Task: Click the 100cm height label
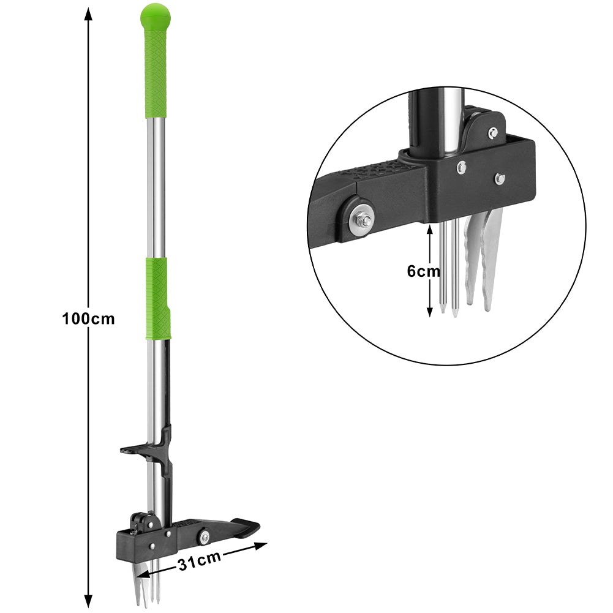[88, 319]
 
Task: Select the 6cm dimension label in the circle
[423, 271]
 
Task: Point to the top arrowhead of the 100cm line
[89, 14]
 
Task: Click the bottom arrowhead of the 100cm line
[89, 600]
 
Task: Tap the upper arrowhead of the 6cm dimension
[430, 230]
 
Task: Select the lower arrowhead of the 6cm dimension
[430, 311]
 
